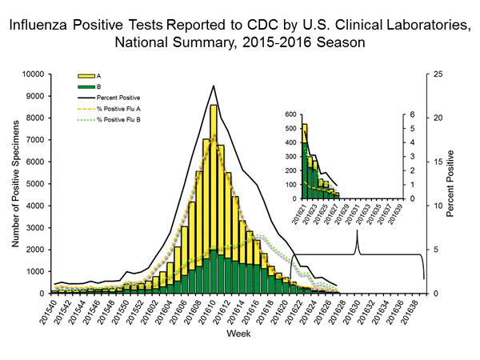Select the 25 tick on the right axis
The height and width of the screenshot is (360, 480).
434,74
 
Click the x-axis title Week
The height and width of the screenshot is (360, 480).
237,332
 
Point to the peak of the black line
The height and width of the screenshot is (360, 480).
213,86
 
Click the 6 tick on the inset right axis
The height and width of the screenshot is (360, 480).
412,115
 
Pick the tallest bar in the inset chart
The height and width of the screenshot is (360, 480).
304,160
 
